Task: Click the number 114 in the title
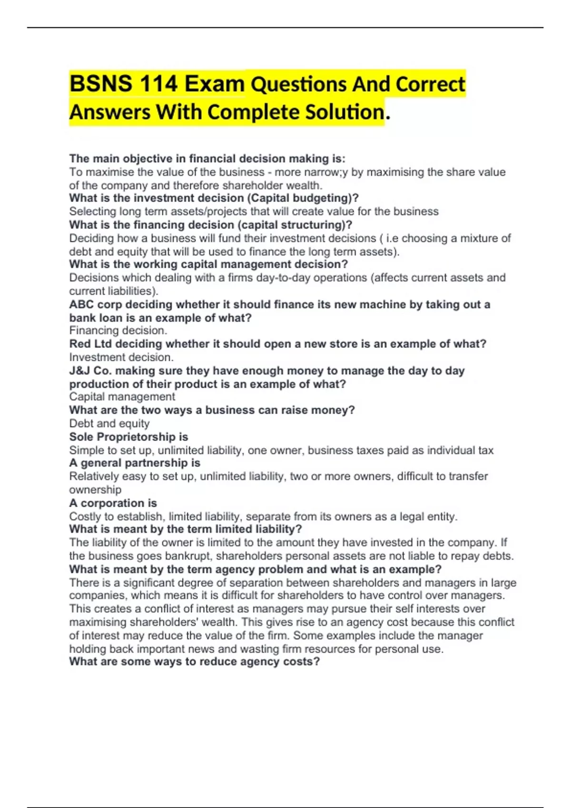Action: coord(159,84)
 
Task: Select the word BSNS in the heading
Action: coord(100,84)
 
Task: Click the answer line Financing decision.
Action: coord(118,330)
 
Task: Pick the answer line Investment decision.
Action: coord(121,357)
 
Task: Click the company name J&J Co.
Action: coord(90,371)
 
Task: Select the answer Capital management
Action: coord(122,397)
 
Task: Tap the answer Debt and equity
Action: coord(109,423)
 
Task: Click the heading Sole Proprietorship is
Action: coord(128,437)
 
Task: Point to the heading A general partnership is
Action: coord(135,463)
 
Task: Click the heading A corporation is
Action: coord(113,503)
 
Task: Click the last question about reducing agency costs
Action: coord(194,662)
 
